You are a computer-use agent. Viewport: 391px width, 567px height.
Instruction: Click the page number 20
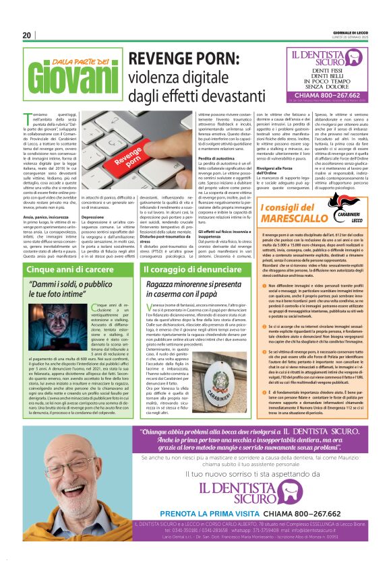(27, 36)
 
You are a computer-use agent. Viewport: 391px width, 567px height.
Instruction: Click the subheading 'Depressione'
(94, 218)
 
